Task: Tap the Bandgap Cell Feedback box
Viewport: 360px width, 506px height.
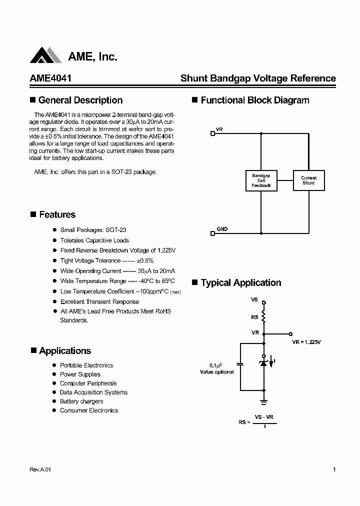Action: tap(261, 180)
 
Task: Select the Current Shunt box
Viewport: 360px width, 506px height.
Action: tap(308, 180)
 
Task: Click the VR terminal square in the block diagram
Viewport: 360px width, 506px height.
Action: tap(212, 133)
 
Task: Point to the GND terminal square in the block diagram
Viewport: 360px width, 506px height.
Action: tap(212, 232)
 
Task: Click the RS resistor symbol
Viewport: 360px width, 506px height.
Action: tap(264, 317)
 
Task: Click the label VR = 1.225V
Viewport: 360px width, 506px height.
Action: tap(306, 342)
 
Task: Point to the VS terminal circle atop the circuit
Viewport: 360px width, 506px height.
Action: tap(264, 302)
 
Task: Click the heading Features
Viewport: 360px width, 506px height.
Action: tap(57, 214)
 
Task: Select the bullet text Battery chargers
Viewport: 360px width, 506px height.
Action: tap(81, 401)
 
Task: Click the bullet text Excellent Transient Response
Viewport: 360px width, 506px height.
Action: tap(99, 301)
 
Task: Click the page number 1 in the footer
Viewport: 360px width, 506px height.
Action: tap(334, 469)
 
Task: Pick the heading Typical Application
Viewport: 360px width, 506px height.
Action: tap(240, 282)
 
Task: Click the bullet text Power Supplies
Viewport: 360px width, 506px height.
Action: tap(80, 374)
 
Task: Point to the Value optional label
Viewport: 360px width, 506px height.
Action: tap(216, 372)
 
